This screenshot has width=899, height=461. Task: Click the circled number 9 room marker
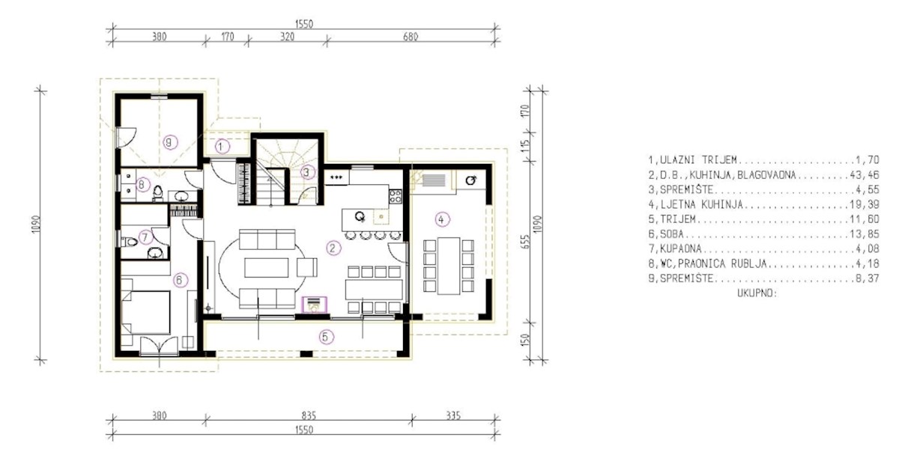tap(170, 142)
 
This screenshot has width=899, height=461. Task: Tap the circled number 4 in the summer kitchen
tap(442, 219)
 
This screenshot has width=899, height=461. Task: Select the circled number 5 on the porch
tap(326, 337)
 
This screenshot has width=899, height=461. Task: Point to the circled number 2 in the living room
tap(333, 248)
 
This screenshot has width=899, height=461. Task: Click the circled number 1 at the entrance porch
tap(222, 147)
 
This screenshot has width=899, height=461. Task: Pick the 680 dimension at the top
tap(411, 37)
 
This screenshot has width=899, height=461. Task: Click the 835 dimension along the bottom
tap(309, 415)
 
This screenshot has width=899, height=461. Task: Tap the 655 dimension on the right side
tap(526, 242)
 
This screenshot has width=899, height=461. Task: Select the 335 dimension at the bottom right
tap(453, 415)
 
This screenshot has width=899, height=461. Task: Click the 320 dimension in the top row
tap(287, 37)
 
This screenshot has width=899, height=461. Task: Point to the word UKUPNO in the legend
tap(756, 293)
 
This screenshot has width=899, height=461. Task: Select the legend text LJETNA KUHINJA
tap(701, 204)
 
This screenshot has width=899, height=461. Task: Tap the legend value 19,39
tap(864, 204)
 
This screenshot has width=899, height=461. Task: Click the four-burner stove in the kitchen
tap(395, 196)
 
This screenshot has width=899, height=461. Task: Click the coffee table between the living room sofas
tap(267, 267)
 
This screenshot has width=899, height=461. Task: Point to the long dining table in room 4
tap(449, 266)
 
